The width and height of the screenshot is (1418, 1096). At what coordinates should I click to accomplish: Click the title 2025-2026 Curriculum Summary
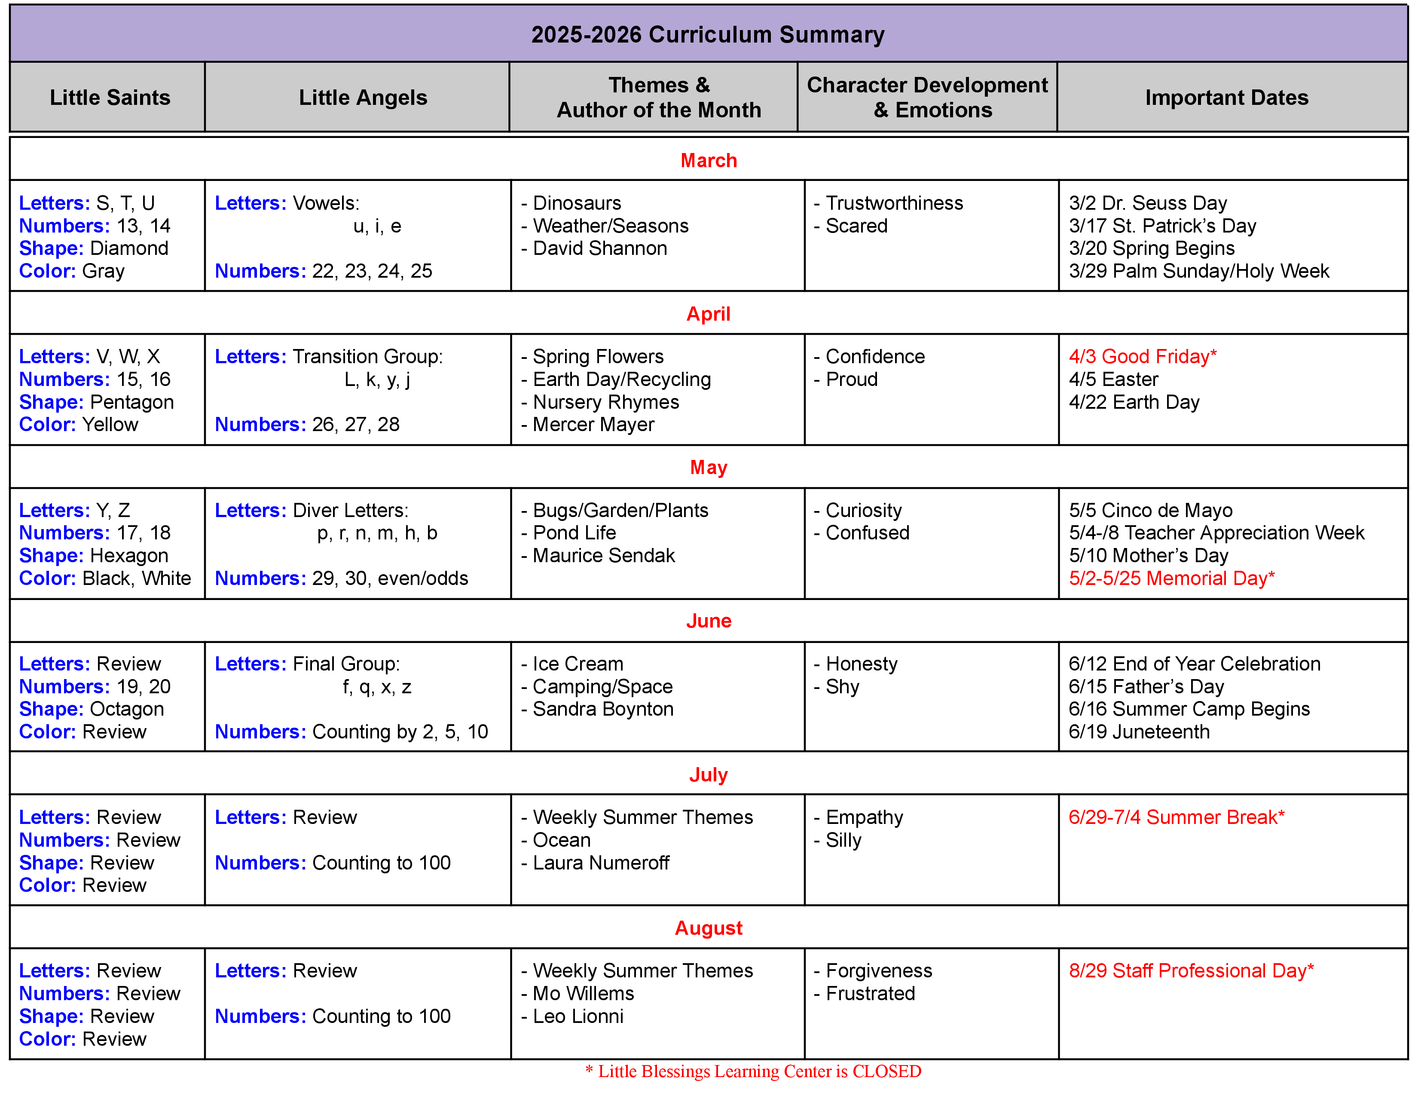tap(708, 34)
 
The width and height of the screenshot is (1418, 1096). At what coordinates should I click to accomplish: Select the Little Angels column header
tap(363, 98)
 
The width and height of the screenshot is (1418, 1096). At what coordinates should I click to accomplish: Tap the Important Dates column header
tap(1226, 98)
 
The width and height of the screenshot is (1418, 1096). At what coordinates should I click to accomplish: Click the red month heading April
tap(708, 314)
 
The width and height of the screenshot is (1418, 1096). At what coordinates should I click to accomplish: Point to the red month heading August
tap(708, 928)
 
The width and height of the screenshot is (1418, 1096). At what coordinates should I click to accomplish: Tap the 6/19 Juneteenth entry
tap(1139, 732)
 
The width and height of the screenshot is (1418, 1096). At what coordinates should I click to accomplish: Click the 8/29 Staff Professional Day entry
tap(1191, 970)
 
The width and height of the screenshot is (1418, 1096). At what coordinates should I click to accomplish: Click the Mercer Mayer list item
tap(593, 425)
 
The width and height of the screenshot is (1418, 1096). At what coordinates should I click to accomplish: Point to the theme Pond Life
tap(574, 533)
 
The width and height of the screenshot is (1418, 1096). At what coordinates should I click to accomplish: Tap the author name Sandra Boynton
tap(603, 709)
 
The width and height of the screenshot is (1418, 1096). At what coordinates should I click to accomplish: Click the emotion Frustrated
tap(870, 993)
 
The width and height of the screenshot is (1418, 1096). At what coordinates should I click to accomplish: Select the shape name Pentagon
tap(132, 402)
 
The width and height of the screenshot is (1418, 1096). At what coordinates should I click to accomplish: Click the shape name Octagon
tap(127, 709)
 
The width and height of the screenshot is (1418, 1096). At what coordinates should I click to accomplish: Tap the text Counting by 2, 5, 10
tap(400, 732)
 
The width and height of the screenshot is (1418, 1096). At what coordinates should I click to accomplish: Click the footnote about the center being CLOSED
tap(753, 1072)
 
